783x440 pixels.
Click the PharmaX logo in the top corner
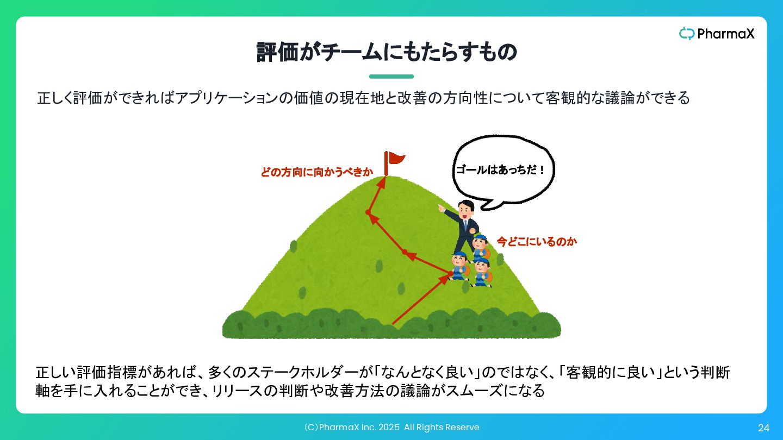(717, 34)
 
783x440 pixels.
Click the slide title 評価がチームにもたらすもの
(387, 52)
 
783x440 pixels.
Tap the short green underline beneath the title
(391, 77)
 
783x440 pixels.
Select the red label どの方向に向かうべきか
(316, 172)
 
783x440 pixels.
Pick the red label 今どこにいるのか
(537, 241)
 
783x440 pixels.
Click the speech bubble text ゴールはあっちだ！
(500, 170)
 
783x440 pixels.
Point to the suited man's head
(467, 208)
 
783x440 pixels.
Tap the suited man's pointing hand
(441, 208)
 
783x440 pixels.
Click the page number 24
(763, 428)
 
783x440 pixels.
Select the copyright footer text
(391, 428)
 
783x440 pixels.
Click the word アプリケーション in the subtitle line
(227, 98)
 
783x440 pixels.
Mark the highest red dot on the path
(368, 212)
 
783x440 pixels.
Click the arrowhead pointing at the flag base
(382, 183)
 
